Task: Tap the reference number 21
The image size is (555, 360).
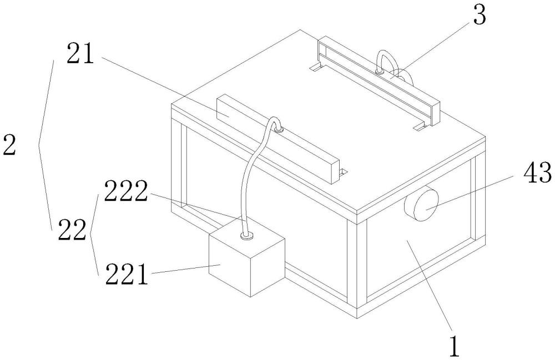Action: tap(83, 55)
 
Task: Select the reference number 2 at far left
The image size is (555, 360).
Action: tap(10, 145)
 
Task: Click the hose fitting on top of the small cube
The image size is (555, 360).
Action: tap(248, 236)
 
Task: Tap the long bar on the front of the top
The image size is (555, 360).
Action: tap(277, 139)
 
